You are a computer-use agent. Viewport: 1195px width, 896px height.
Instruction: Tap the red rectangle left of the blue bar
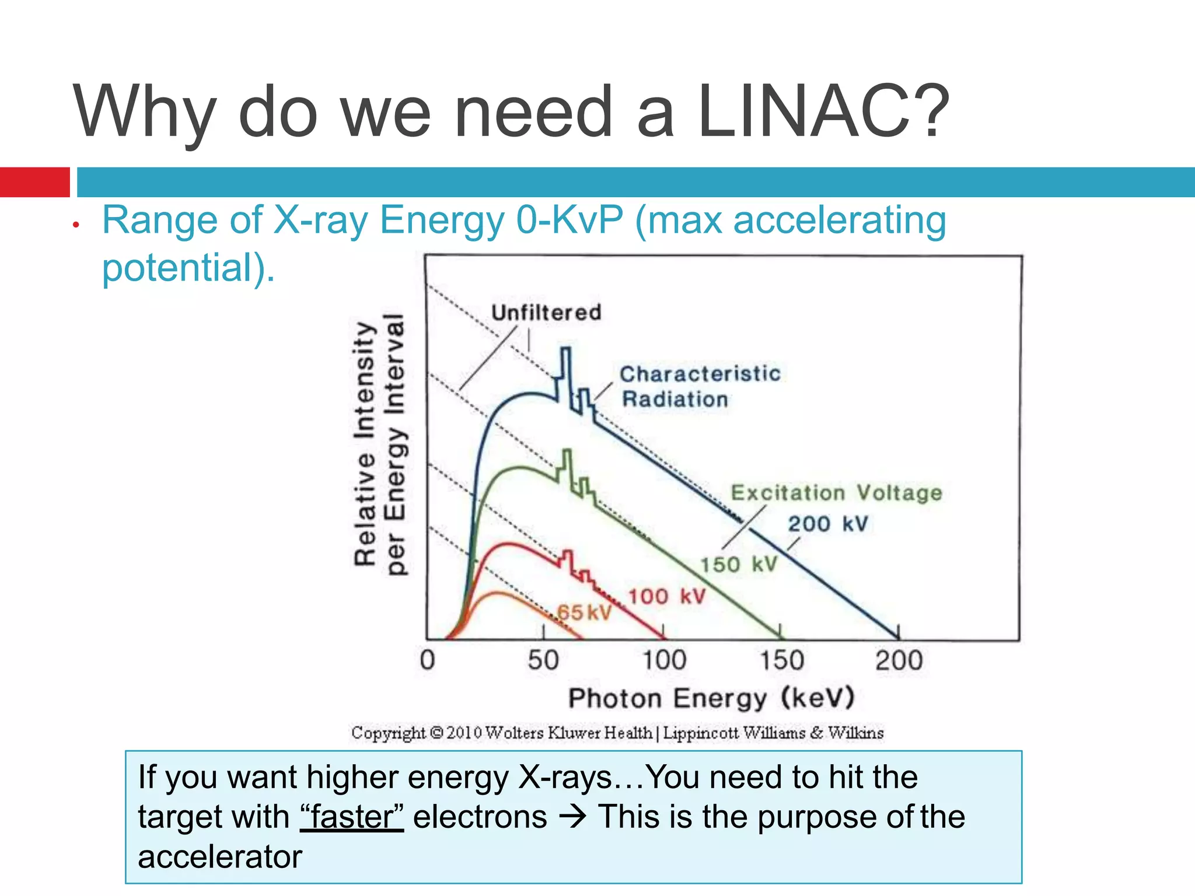click(x=35, y=182)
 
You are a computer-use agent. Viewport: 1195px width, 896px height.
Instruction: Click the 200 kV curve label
click(x=828, y=524)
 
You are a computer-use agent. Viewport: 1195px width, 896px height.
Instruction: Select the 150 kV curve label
click(x=739, y=565)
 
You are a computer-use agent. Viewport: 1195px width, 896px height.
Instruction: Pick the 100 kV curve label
click(x=667, y=596)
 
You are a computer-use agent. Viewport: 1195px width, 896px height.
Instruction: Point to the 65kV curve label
click(x=583, y=612)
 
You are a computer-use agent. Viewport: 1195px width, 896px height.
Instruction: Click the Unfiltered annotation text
click(x=546, y=313)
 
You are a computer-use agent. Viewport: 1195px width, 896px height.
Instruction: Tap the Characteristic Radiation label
click(x=699, y=386)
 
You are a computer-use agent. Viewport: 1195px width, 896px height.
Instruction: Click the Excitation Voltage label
click(x=836, y=493)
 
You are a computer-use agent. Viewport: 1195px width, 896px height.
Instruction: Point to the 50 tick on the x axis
click(x=543, y=660)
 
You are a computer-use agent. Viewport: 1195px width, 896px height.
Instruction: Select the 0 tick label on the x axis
click(x=427, y=660)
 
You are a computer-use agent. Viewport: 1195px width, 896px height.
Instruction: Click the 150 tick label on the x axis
click(x=781, y=660)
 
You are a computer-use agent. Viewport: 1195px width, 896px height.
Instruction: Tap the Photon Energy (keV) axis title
click(x=711, y=698)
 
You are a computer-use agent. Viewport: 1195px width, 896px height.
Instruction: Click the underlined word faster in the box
click(x=352, y=817)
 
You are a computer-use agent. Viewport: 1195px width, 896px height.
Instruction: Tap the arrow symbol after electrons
click(x=573, y=817)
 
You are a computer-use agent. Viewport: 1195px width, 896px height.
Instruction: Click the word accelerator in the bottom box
click(x=220, y=856)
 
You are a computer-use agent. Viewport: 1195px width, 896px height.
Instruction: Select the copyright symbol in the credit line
click(x=436, y=733)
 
